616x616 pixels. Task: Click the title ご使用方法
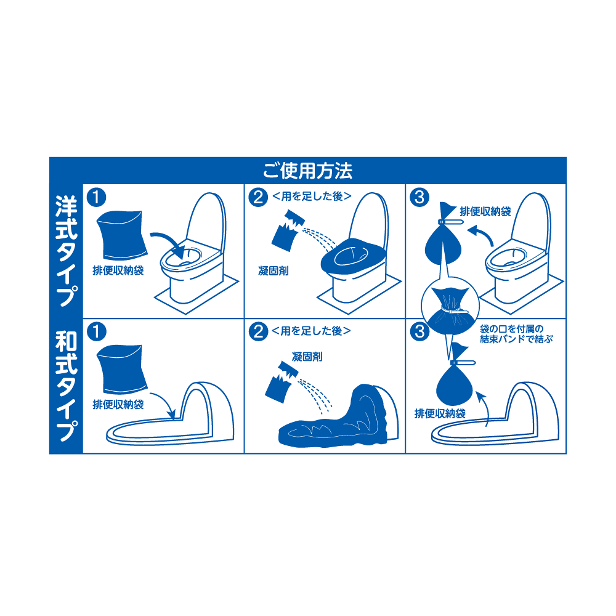307,171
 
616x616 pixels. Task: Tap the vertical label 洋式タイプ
66,251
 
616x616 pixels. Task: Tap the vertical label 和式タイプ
66,386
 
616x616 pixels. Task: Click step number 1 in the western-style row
96,197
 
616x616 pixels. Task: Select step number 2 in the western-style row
258,197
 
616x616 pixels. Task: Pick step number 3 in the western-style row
419,197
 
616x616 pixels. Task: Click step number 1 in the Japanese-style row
96,331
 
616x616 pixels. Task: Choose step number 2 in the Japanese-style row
258,331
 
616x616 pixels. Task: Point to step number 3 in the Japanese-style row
419,331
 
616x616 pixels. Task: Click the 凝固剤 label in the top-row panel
274,270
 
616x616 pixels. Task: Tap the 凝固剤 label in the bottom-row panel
307,357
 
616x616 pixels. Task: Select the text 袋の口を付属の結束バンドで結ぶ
516,334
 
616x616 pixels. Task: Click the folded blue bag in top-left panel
121,235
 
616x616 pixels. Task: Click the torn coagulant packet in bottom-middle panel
282,382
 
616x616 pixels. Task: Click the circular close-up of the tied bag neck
450,306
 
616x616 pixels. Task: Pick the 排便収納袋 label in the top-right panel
485,212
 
